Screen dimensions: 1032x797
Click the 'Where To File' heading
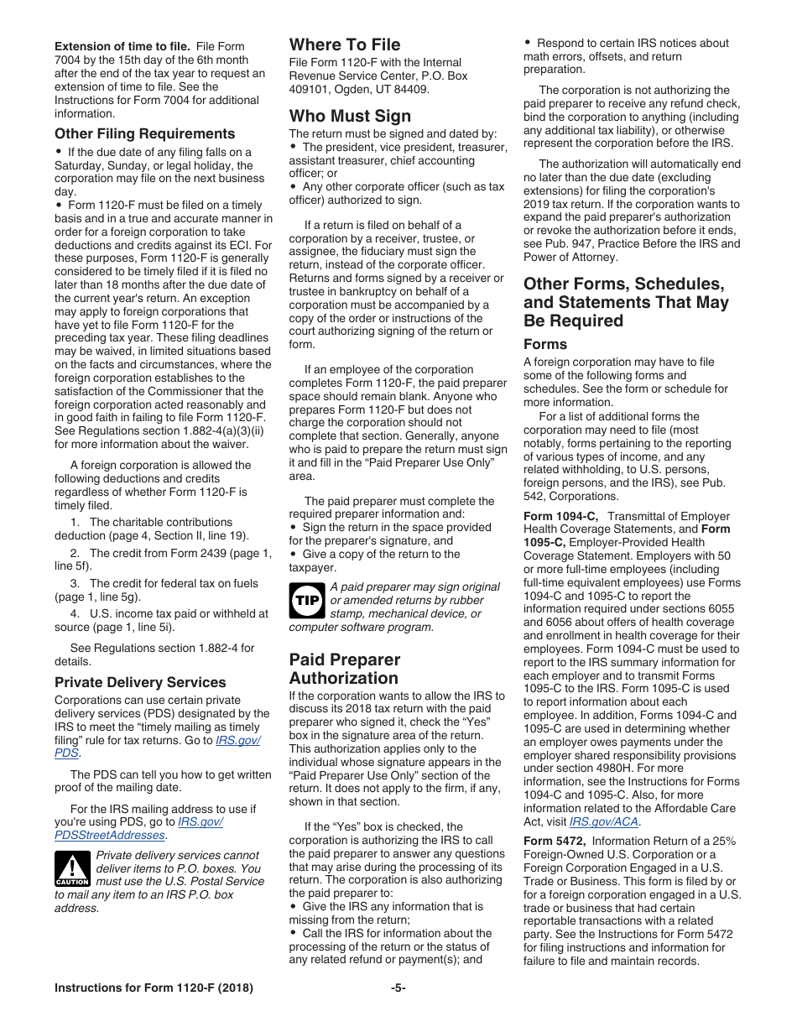345,45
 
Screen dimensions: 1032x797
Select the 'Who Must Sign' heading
350,116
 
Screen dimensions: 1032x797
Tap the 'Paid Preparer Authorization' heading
344,669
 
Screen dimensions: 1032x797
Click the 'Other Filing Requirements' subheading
144,133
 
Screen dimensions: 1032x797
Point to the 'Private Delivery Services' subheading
140,682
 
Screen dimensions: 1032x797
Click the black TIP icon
307,602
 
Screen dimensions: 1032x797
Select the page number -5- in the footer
398,988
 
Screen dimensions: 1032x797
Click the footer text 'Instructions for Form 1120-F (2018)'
154,988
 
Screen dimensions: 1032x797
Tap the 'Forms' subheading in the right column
545,344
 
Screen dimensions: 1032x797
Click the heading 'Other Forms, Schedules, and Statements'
625,302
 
